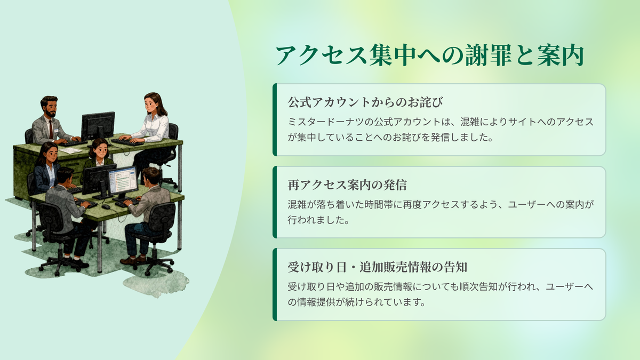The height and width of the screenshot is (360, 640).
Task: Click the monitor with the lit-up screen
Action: [x=123, y=181]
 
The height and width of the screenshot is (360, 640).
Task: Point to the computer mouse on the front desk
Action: [x=106, y=206]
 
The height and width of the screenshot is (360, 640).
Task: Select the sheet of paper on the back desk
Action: [x=70, y=150]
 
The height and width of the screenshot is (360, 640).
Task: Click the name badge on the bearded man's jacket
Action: [x=57, y=131]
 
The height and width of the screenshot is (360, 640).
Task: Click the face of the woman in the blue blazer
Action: [x=51, y=154]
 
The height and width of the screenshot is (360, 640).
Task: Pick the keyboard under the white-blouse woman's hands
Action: [x=127, y=142]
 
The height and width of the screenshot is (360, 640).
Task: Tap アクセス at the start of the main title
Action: [x=321, y=55]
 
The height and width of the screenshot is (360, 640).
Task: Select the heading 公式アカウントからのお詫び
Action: [x=365, y=102]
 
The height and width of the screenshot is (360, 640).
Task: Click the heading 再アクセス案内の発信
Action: [x=347, y=185]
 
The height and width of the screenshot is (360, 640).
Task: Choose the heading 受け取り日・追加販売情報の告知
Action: [x=377, y=267]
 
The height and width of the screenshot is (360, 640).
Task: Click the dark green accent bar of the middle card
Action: [x=275, y=202]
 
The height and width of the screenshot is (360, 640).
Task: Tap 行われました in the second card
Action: [x=315, y=220]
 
